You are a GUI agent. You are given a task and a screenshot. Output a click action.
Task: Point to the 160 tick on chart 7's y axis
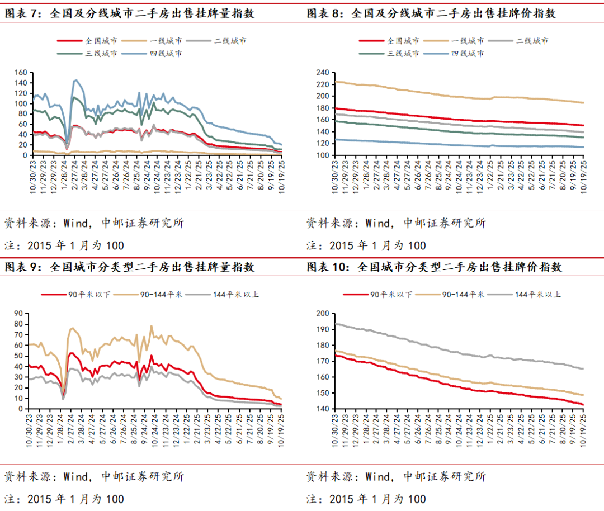[21, 73]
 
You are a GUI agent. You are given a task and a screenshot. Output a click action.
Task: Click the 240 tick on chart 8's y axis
[321, 73]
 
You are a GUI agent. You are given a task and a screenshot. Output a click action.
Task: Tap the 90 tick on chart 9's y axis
[17, 314]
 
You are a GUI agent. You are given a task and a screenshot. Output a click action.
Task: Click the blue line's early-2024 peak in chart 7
[75, 80]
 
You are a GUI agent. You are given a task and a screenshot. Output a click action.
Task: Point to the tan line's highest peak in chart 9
[151, 326]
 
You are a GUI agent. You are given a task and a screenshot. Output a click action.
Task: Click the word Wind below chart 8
[378, 223]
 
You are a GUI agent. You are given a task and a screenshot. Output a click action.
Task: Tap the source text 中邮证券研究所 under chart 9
[143, 477]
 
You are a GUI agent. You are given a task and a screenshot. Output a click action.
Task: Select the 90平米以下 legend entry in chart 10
[391, 294]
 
